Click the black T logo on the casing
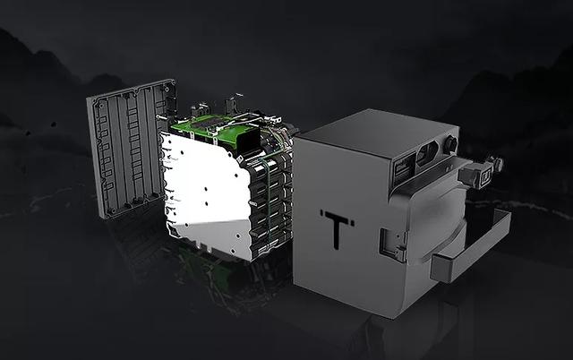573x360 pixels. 337,228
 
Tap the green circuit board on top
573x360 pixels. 216,129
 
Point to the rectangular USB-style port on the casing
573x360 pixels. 404,169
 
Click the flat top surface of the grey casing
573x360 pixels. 376,134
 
